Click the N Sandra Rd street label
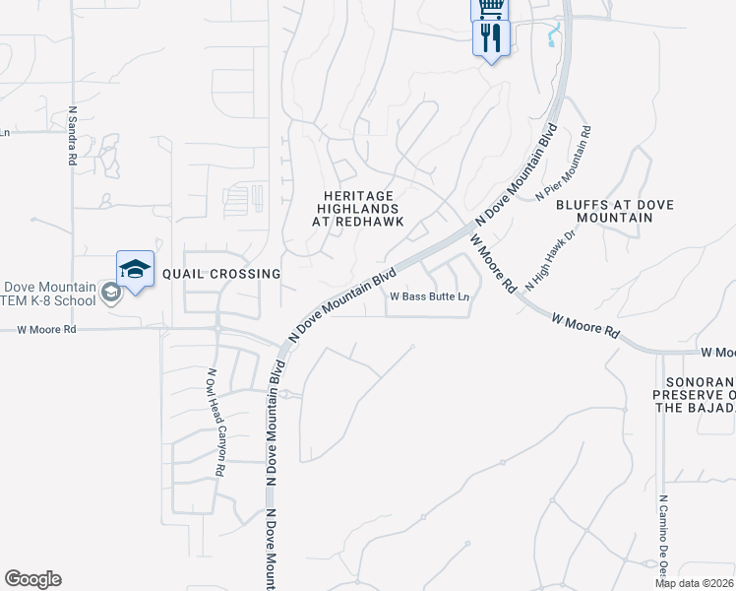click(x=73, y=131)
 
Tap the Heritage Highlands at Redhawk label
click(x=358, y=209)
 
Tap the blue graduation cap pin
click(x=136, y=269)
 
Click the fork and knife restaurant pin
click(x=491, y=38)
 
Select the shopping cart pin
click(x=490, y=8)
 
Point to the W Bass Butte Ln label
click(x=430, y=296)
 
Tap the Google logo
click(x=32, y=579)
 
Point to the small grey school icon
click(x=111, y=293)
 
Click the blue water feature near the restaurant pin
click(x=551, y=36)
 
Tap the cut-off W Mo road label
click(x=717, y=353)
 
